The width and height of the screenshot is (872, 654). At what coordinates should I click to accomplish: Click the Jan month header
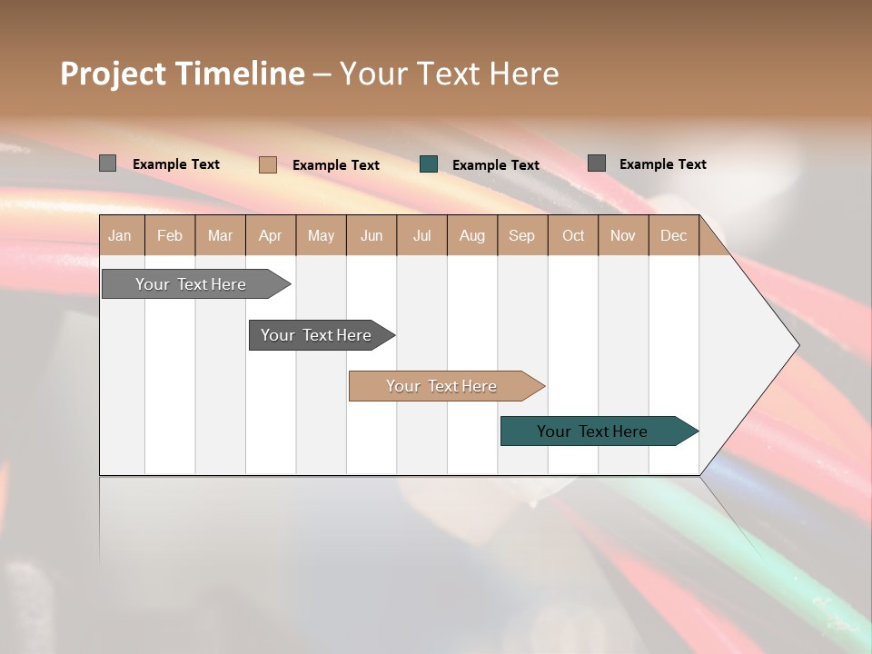pyautogui.click(x=120, y=235)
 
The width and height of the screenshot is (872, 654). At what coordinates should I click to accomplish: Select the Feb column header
pyautogui.click(x=170, y=235)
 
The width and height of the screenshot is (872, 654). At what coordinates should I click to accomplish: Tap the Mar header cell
pyautogui.click(x=220, y=235)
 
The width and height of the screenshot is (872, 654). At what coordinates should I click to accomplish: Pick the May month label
pyautogui.click(x=321, y=235)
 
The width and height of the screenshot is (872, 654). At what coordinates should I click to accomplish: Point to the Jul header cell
pyautogui.click(x=421, y=235)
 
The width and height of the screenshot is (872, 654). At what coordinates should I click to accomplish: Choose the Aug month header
pyautogui.click(x=472, y=235)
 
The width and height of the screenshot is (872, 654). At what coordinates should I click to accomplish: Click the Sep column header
pyautogui.click(x=522, y=235)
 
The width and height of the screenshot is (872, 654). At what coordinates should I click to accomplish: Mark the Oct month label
pyautogui.click(x=573, y=235)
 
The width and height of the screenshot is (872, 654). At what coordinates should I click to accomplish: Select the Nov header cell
pyautogui.click(x=623, y=235)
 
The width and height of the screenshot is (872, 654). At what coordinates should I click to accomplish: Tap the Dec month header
pyautogui.click(x=674, y=235)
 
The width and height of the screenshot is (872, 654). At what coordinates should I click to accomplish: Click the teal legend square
pyautogui.click(x=429, y=164)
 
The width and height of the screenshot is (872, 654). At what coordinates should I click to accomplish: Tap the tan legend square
pyautogui.click(x=268, y=164)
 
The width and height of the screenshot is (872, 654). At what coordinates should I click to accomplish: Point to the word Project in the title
pyautogui.click(x=114, y=74)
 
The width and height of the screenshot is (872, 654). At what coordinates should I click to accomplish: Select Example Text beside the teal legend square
pyautogui.click(x=496, y=164)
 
